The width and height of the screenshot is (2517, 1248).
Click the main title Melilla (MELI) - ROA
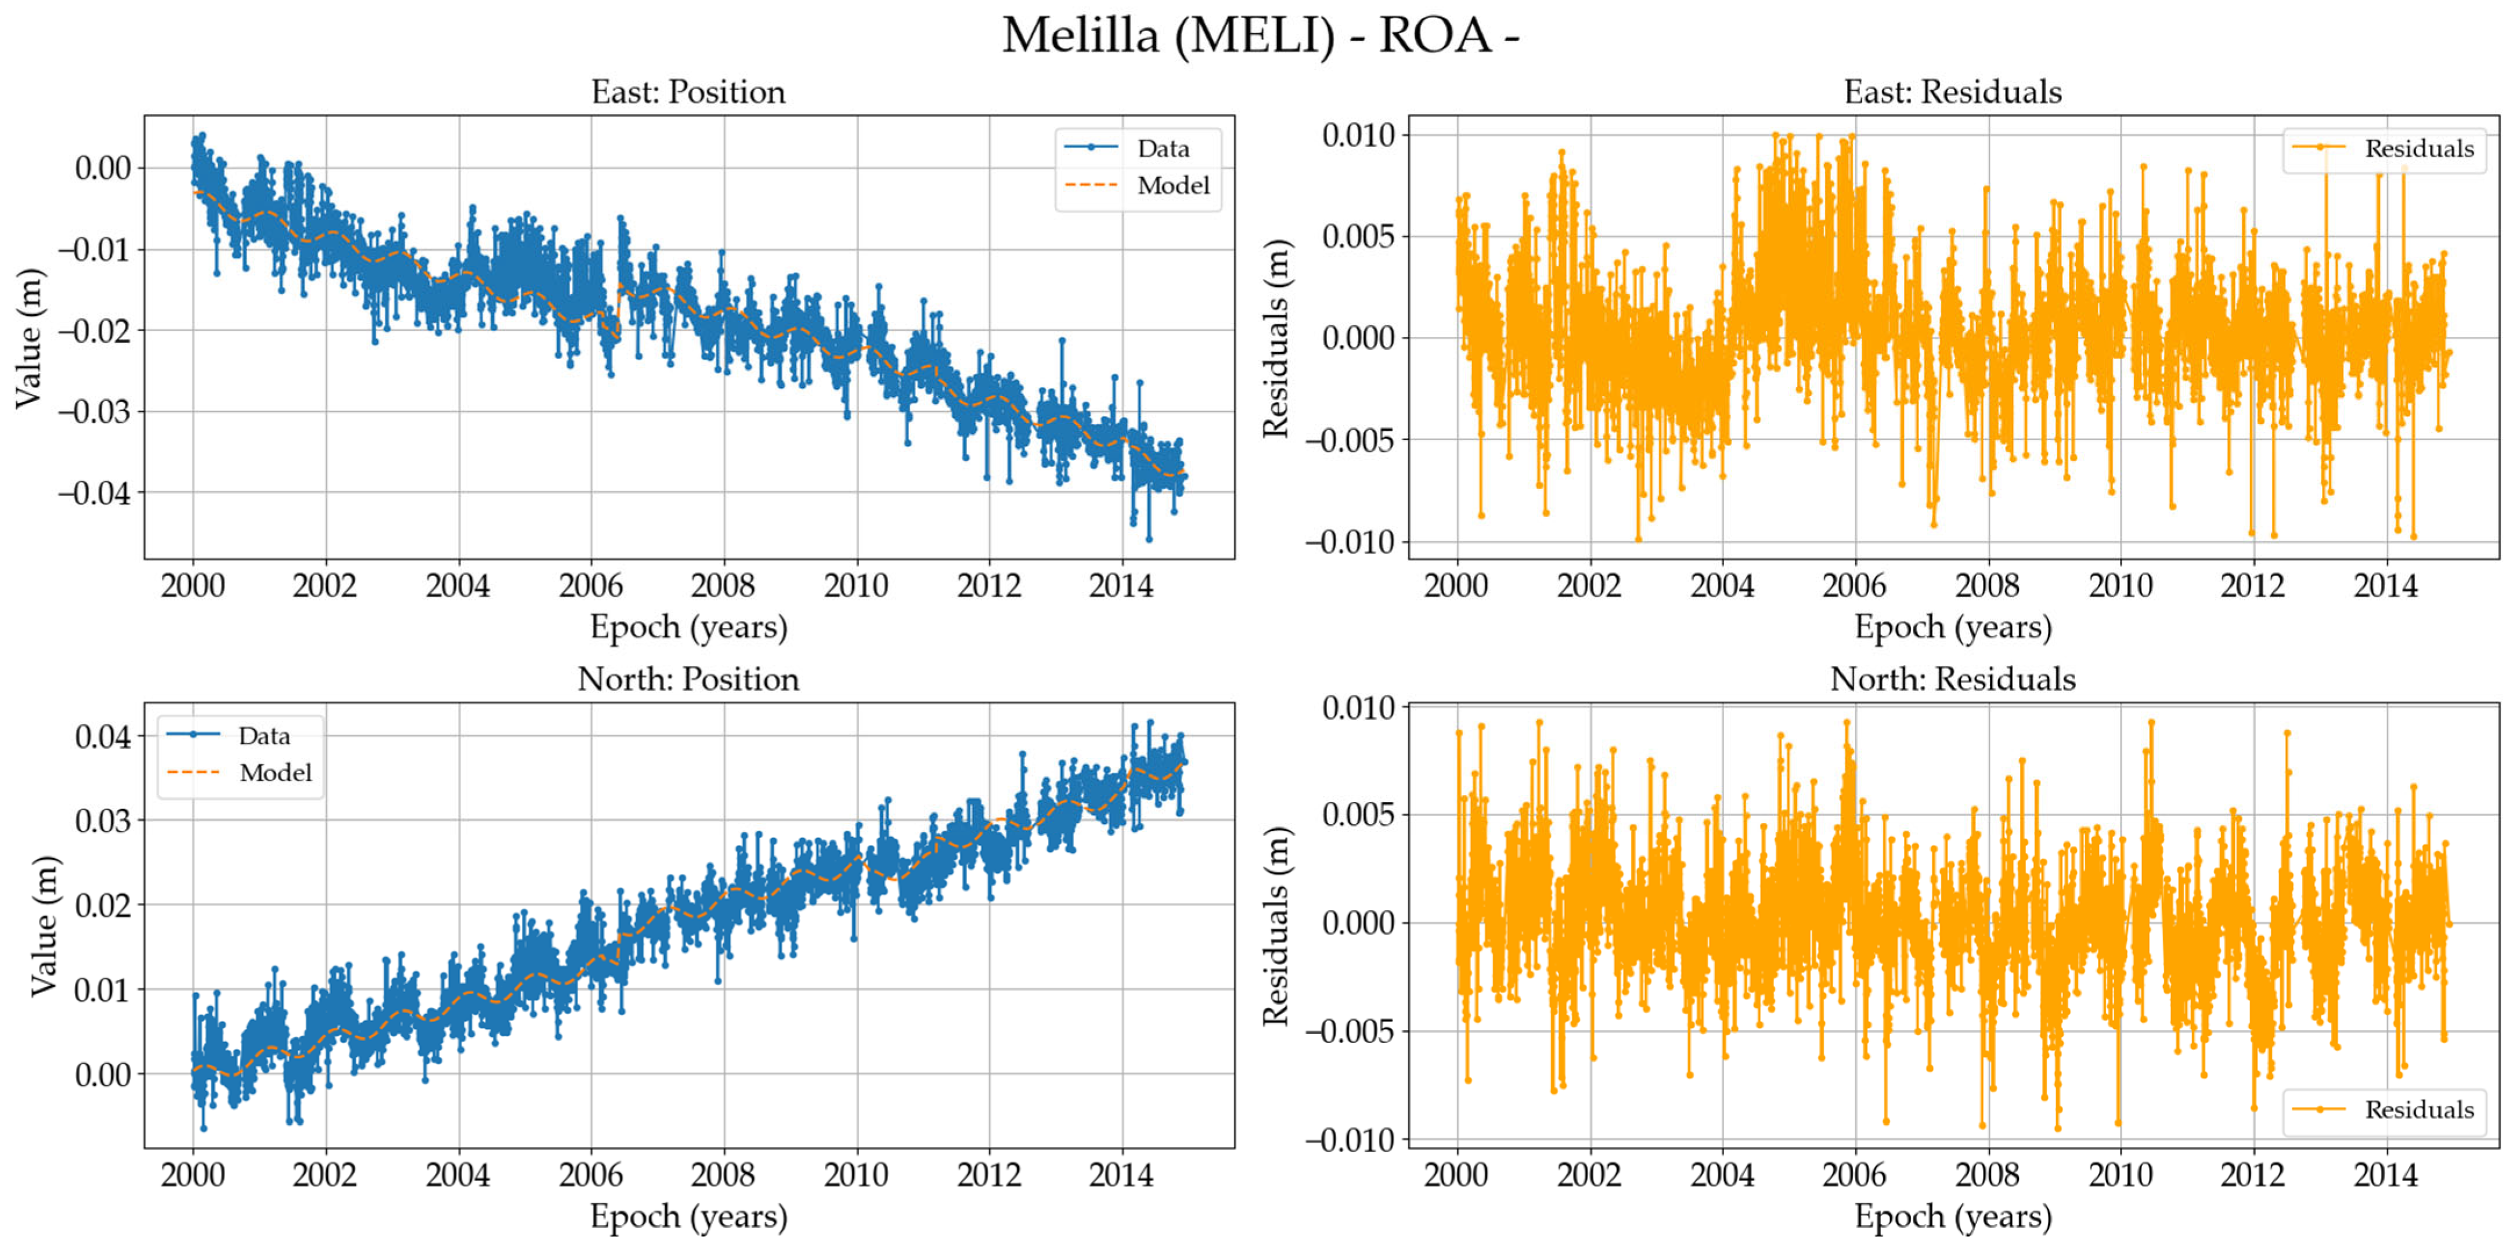coord(1260,36)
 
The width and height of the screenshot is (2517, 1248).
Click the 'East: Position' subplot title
coord(688,92)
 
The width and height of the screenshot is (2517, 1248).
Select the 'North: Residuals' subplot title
coord(1952,679)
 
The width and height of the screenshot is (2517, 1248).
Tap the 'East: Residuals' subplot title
coord(1952,92)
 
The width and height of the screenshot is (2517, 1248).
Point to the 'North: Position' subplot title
coord(688,679)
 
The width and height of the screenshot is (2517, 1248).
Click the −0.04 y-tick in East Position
coord(94,492)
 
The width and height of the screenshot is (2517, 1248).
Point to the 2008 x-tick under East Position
coord(723,587)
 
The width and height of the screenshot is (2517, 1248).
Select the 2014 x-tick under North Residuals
coord(2385,1175)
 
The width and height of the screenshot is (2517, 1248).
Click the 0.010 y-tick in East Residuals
coord(1358,135)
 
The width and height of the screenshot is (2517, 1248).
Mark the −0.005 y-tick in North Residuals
coord(1350,1031)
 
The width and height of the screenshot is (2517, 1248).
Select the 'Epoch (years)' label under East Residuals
coord(1952,627)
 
